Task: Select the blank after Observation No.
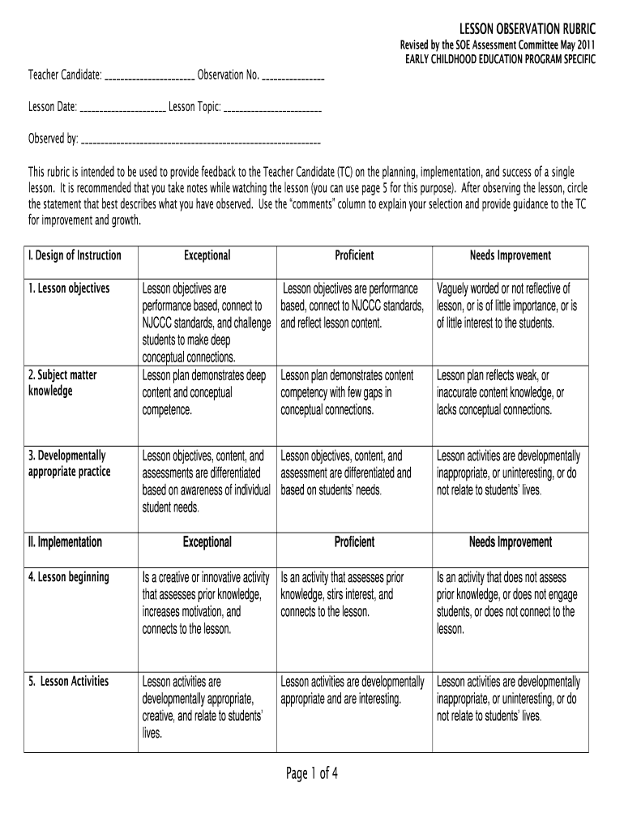point(293,78)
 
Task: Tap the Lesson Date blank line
point(123,109)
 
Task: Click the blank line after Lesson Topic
point(271,109)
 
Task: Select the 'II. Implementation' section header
point(65,541)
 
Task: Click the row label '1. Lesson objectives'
point(69,289)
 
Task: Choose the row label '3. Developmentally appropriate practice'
point(69,464)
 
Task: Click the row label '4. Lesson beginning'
point(68,577)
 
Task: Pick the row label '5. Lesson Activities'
point(69,681)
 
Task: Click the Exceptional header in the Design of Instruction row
point(207,255)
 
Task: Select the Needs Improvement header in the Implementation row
point(510,541)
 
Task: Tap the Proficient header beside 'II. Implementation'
point(354,541)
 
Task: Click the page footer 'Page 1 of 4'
point(311,774)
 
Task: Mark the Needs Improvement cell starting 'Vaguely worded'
point(508,306)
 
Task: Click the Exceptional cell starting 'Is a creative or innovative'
point(206,603)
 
